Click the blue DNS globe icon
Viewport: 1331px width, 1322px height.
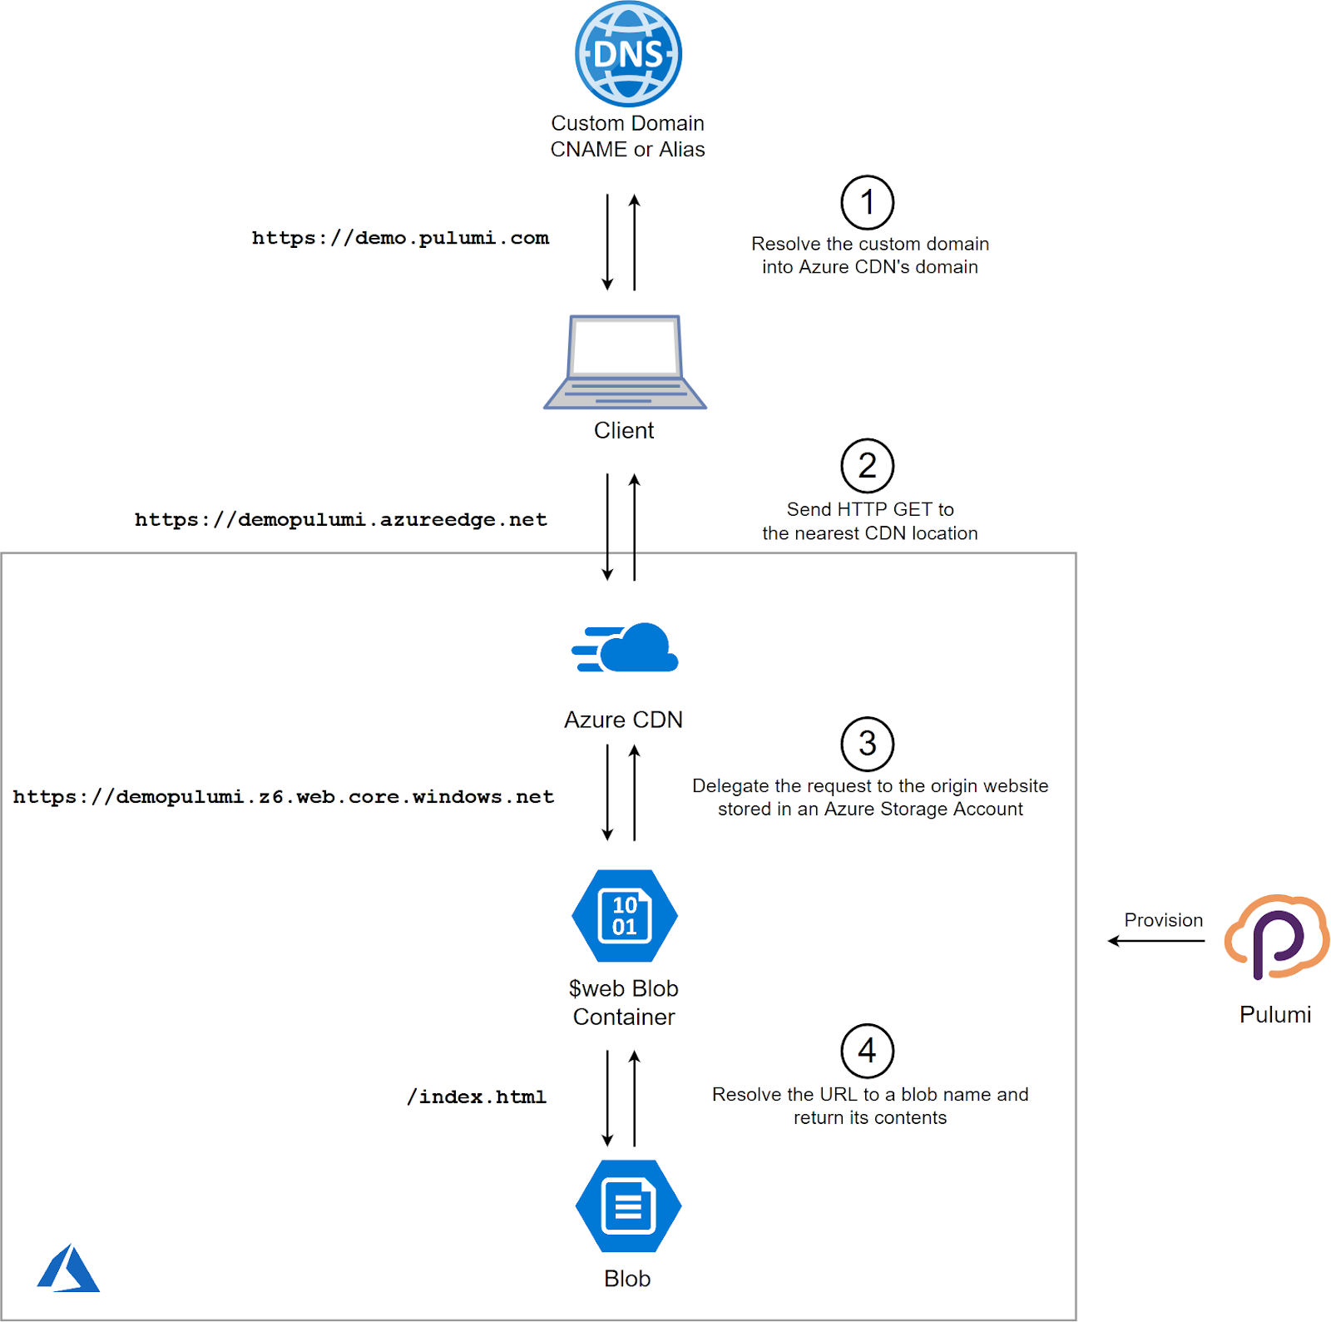click(628, 54)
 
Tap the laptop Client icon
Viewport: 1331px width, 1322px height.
click(625, 363)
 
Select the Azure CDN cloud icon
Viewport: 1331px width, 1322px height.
click(626, 648)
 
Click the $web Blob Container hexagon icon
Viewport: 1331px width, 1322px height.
click(625, 916)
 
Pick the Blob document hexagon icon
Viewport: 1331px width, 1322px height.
click(628, 1206)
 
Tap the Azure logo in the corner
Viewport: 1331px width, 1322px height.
click(68, 1269)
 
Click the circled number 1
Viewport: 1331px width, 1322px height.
click(867, 202)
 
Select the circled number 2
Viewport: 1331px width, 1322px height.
click(867, 466)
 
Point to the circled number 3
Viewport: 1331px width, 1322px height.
click(867, 744)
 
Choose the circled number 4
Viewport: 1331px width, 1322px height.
click(867, 1051)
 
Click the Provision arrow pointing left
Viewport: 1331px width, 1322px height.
click(1156, 941)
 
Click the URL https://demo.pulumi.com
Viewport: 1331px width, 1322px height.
click(400, 238)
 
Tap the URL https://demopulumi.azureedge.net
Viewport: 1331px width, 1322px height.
click(341, 520)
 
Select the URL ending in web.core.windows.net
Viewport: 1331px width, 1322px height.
click(283, 797)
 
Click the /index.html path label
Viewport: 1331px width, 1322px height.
click(477, 1097)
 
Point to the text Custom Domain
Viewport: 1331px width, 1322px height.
click(627, 123)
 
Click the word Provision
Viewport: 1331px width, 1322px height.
click(1163, 920)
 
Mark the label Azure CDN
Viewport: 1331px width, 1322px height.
click(623, 720)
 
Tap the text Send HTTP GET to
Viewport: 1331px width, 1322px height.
click(870, 509)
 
